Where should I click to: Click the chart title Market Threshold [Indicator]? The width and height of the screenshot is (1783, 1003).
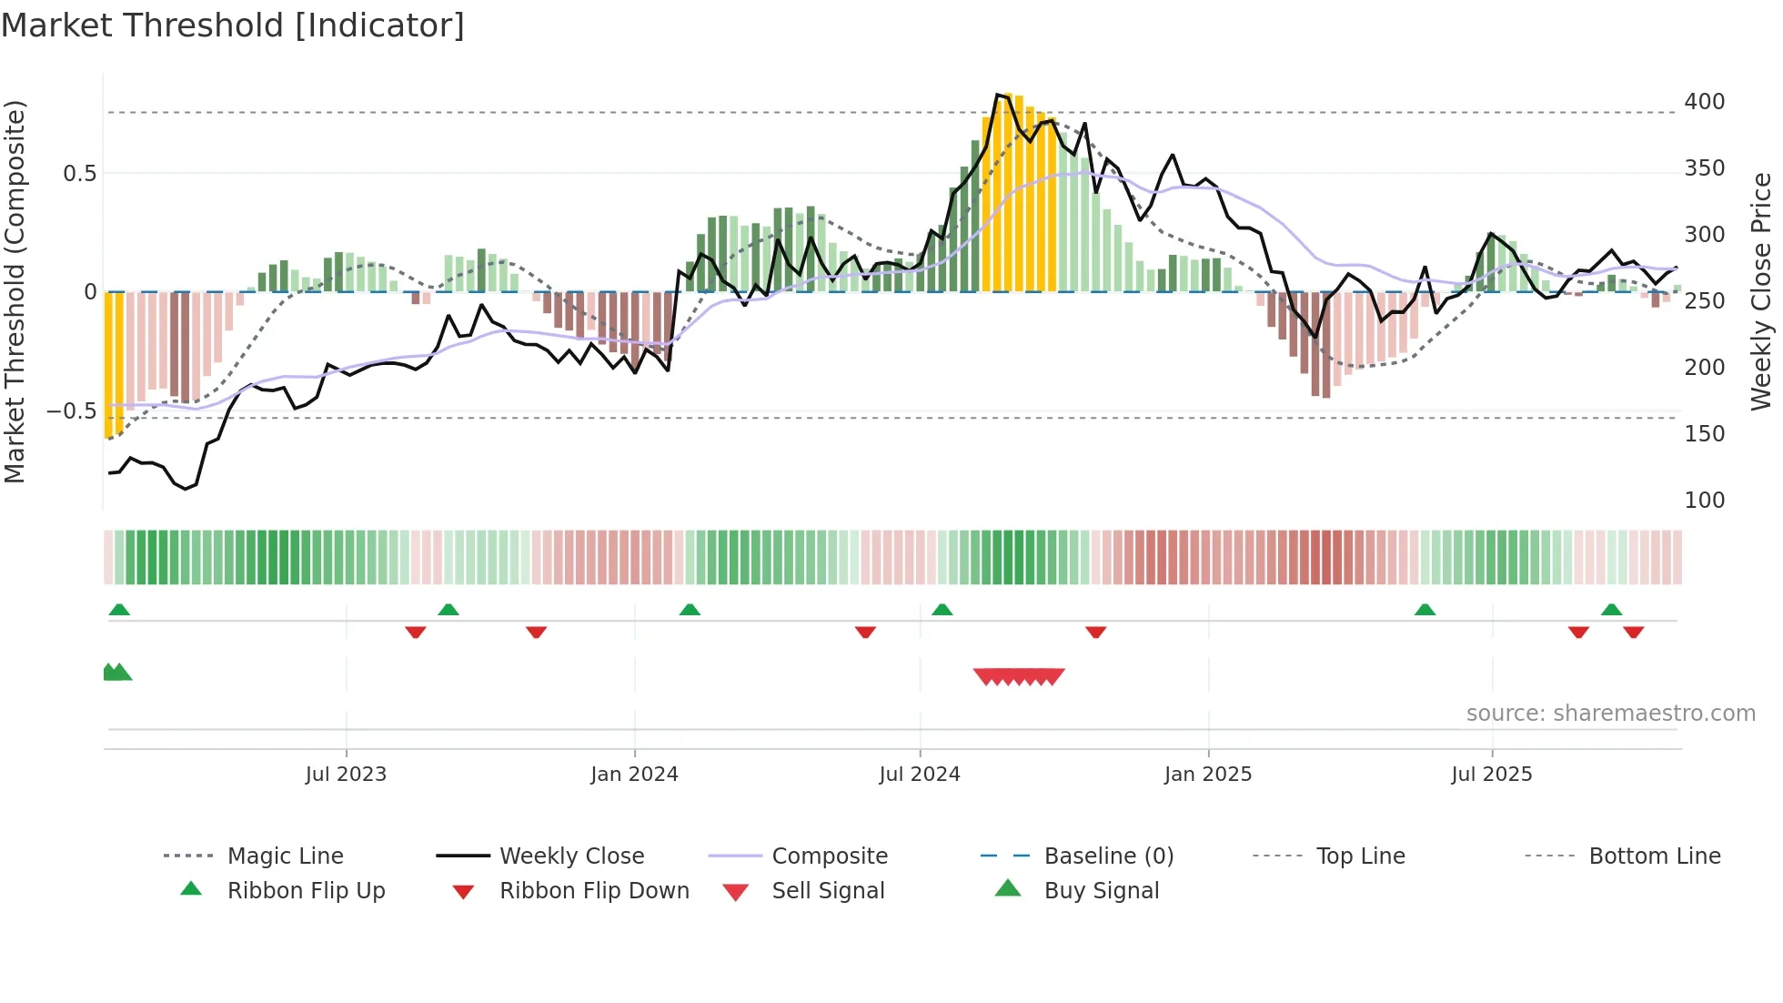point(233,25)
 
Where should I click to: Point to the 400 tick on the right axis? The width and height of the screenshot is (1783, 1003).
point(1704,102)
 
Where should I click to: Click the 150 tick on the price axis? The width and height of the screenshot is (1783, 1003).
point(1704,434)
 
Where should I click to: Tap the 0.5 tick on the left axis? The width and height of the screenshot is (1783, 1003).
point(79,174)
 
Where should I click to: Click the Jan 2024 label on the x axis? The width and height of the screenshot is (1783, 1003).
point(634,775)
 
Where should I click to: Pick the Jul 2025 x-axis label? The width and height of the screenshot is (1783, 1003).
point(1491,775)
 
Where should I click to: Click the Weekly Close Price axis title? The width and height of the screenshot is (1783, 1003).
point(1761,291)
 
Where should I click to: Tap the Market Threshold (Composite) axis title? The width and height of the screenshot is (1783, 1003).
point(15,291)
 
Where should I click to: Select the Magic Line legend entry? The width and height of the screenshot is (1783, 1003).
point(285,856)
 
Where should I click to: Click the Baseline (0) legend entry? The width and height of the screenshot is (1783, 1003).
point(1108,856)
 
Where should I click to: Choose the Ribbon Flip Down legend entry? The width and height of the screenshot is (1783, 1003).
point(593,891)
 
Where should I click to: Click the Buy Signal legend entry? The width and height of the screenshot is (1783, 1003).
point(1101,891)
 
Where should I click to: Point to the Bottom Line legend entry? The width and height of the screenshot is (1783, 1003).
point(1654,856)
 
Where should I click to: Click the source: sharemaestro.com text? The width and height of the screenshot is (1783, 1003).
point(1610,714)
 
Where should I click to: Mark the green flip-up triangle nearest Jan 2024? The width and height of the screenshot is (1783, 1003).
point(690,610)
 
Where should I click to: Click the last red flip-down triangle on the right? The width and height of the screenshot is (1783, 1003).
point(1633,632)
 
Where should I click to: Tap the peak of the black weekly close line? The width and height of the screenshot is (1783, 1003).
point(998,95)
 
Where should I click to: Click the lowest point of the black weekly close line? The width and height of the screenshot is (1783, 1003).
point(186,489)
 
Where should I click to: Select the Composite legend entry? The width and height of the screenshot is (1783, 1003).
point(829,856)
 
